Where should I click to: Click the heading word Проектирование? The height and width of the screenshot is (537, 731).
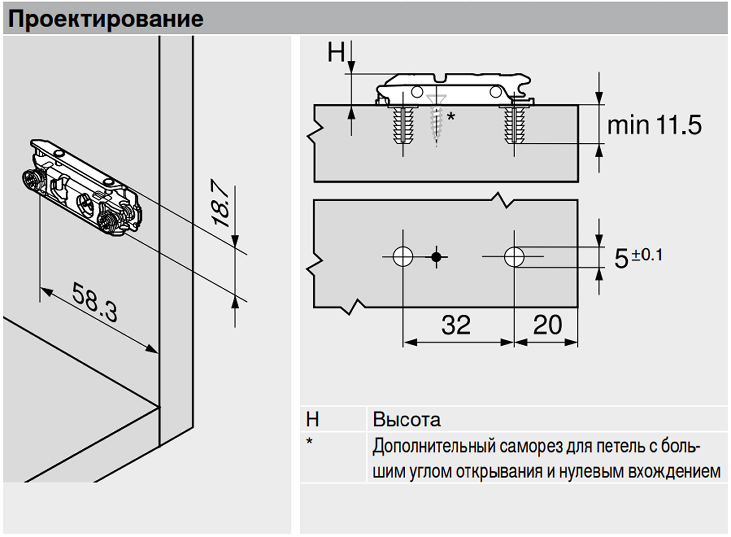tap(106, 19)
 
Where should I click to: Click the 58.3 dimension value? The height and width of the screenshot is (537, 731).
tap(95, 302)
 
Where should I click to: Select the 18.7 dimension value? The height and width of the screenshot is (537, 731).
tap(221, 203)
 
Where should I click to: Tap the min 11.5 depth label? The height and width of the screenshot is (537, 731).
tap(654, 125)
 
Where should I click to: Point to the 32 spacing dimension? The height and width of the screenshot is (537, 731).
tap(456, 325)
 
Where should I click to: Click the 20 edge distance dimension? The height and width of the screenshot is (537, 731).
tap(547, 325)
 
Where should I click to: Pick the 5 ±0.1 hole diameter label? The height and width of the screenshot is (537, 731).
tap(638, 257)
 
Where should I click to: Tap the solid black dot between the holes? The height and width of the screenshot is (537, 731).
tap(436, 257)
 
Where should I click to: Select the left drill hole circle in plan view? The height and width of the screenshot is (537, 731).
tap(403, 257)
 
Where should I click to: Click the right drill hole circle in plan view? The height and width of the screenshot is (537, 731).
tap(514, 257)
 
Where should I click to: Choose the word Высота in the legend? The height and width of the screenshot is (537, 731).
tap(407, 420)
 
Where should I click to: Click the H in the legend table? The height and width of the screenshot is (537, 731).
tap(313, 420)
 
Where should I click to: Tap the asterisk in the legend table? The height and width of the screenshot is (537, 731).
tap(309, 442)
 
